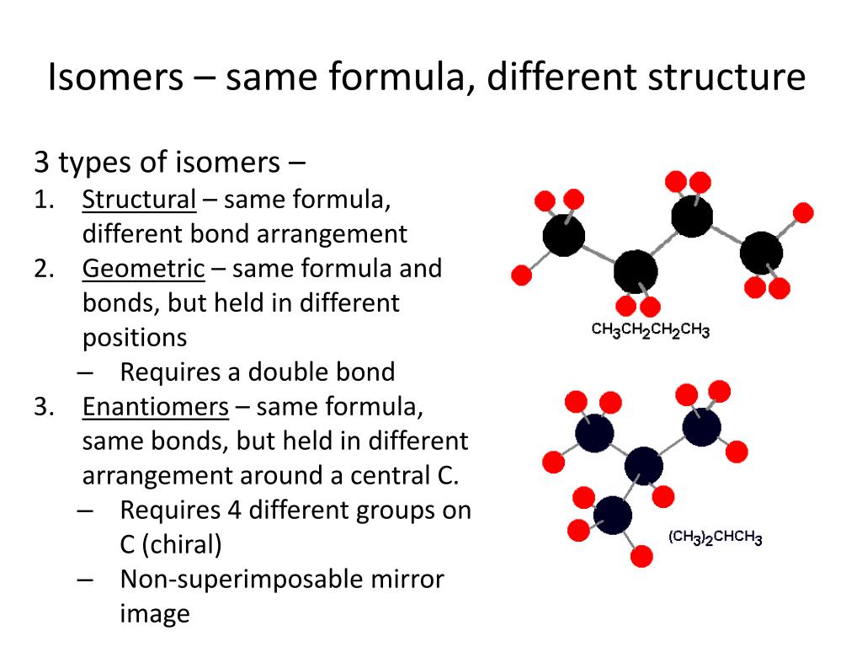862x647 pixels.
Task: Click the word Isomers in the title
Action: click(115, 78)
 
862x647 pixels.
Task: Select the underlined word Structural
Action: click(139, 200)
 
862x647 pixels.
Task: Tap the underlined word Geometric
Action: click(143, 269)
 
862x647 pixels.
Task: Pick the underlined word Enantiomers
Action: click(155, 407)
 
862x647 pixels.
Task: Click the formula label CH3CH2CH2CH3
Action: click(650, 329)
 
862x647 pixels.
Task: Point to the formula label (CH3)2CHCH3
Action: click(716, 537)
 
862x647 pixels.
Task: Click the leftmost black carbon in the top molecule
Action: click(563, 235)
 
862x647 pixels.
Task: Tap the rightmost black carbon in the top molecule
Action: click(761, 251)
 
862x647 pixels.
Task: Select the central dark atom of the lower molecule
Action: click(644, 465)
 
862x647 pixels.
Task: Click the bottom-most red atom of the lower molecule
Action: click(641, 556)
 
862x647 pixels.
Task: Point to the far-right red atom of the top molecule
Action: click(803, 212)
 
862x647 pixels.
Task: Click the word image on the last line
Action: click(155, 613)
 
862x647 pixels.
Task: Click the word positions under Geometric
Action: click(135, 338)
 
